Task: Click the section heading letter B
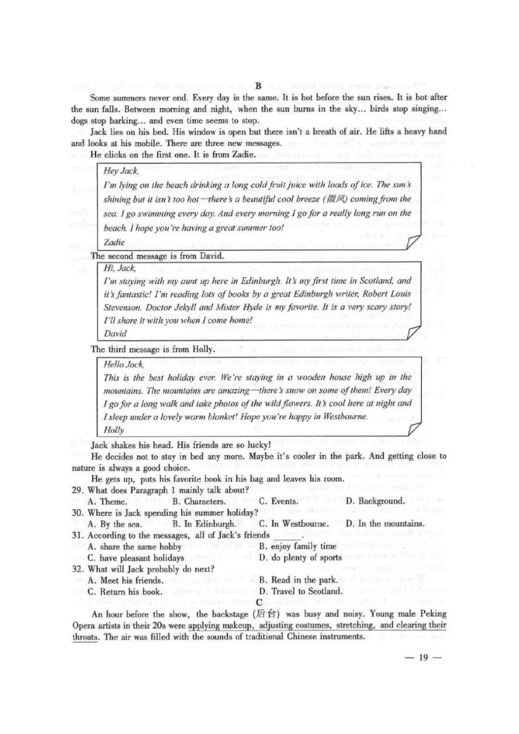(258, 86)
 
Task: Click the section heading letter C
(259, 602)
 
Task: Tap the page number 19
(423, 658)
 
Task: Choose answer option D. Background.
(375, 501)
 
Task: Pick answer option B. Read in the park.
(298, 580)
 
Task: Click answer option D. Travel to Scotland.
(300, 592)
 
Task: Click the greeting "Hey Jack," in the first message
(121, 171)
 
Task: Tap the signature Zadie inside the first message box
(114, 242)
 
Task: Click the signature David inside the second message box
(115, 334)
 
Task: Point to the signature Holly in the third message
(114, 430)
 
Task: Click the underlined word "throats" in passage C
(85, 637)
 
